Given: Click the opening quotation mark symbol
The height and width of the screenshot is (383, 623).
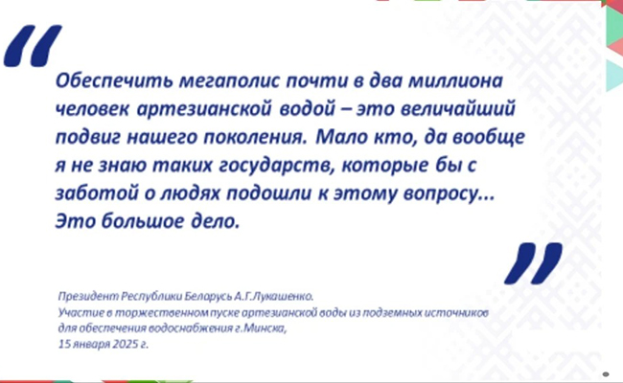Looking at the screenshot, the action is coord(33,46).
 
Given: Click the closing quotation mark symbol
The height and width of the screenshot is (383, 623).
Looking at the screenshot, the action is coord(533,263).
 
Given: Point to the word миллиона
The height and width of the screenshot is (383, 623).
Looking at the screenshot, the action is coord(455,81).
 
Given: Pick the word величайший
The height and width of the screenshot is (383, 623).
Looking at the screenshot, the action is coord(457,109).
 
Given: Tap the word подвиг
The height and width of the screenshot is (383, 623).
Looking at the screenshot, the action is coord(88,138).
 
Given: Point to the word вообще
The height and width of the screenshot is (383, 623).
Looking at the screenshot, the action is coord(489,138).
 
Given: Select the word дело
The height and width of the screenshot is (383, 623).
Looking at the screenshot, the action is coord(216,221).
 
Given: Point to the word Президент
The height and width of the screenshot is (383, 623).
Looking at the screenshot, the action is coord(88,297).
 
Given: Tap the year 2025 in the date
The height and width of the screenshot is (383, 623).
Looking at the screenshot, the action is coord(126,344).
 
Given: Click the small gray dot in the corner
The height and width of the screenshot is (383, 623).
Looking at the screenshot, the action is coord(606,373).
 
